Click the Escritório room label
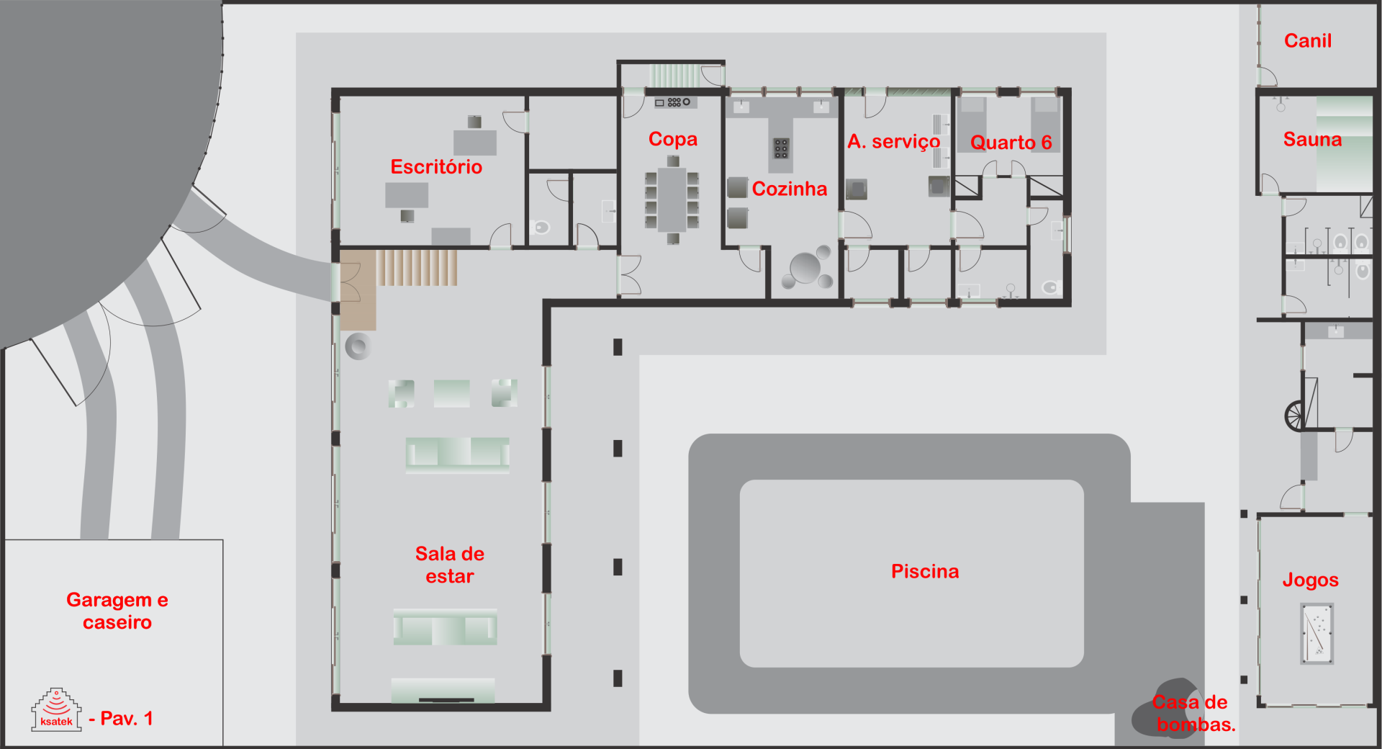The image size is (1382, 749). [436, 167]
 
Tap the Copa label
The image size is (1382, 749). [673, 139]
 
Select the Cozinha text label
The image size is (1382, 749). [790, 189]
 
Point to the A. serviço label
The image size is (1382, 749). [894, 142]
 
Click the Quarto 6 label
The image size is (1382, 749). [1011, 143]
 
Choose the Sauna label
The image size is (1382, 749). [1312, 140]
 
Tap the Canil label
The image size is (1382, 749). [1308, 41]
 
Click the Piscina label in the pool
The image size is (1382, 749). [925, 572]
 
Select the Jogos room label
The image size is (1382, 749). [1310, 580]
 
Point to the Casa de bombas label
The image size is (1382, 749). [1193, 714]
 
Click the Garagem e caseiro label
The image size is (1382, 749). [117, 611]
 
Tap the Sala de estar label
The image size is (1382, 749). [450, 565]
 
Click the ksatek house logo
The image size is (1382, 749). [56, 710]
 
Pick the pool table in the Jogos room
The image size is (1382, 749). [1317, 634]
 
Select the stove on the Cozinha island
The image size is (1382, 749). [781, 148]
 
